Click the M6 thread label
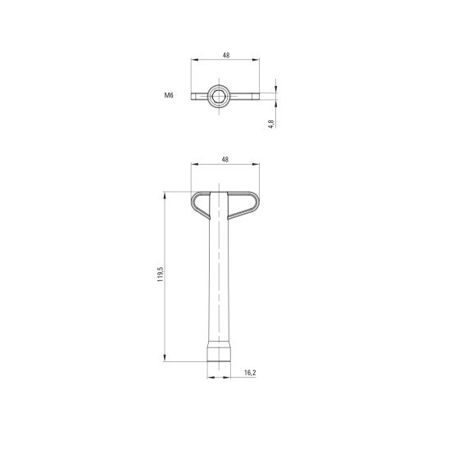[x=169, y=95]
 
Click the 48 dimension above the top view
[x=226, y=55]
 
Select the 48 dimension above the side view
[x=225, y=160]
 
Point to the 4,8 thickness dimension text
[x=271, y=124]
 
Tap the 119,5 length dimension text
[x=160, y=274]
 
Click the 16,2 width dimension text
[x=250, y=373]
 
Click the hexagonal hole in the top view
[x=219, y=96]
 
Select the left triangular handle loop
[x=201, y=205]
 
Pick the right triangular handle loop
[x=243, y=205]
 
